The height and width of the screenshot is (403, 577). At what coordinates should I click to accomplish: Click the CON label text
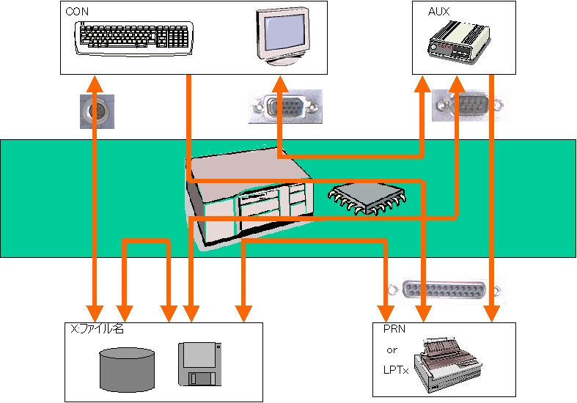74,12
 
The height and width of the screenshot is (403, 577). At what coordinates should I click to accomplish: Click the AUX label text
438,12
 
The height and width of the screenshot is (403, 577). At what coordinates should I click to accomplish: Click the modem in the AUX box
458,41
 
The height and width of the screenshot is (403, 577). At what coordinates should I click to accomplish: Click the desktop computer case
249,202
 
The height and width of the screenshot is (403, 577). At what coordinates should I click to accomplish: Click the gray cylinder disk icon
128,368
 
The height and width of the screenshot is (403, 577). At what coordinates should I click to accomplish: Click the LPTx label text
394,372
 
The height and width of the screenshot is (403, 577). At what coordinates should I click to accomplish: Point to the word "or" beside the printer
392,350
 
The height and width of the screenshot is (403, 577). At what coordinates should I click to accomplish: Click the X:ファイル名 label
97,330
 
